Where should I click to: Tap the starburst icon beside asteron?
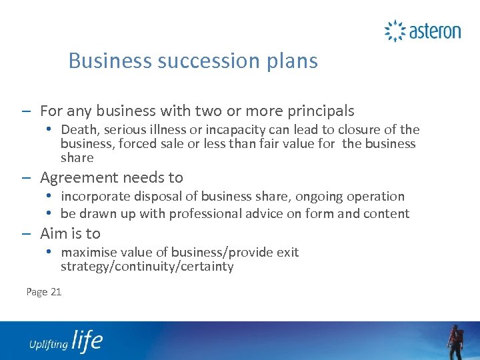[x=395, y=31]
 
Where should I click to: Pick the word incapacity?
[x=233, y=129]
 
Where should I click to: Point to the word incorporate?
[x=95, y=197]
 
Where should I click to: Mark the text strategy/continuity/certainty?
[x=147, y=267]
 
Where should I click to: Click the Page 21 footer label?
[x=44, y=291]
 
